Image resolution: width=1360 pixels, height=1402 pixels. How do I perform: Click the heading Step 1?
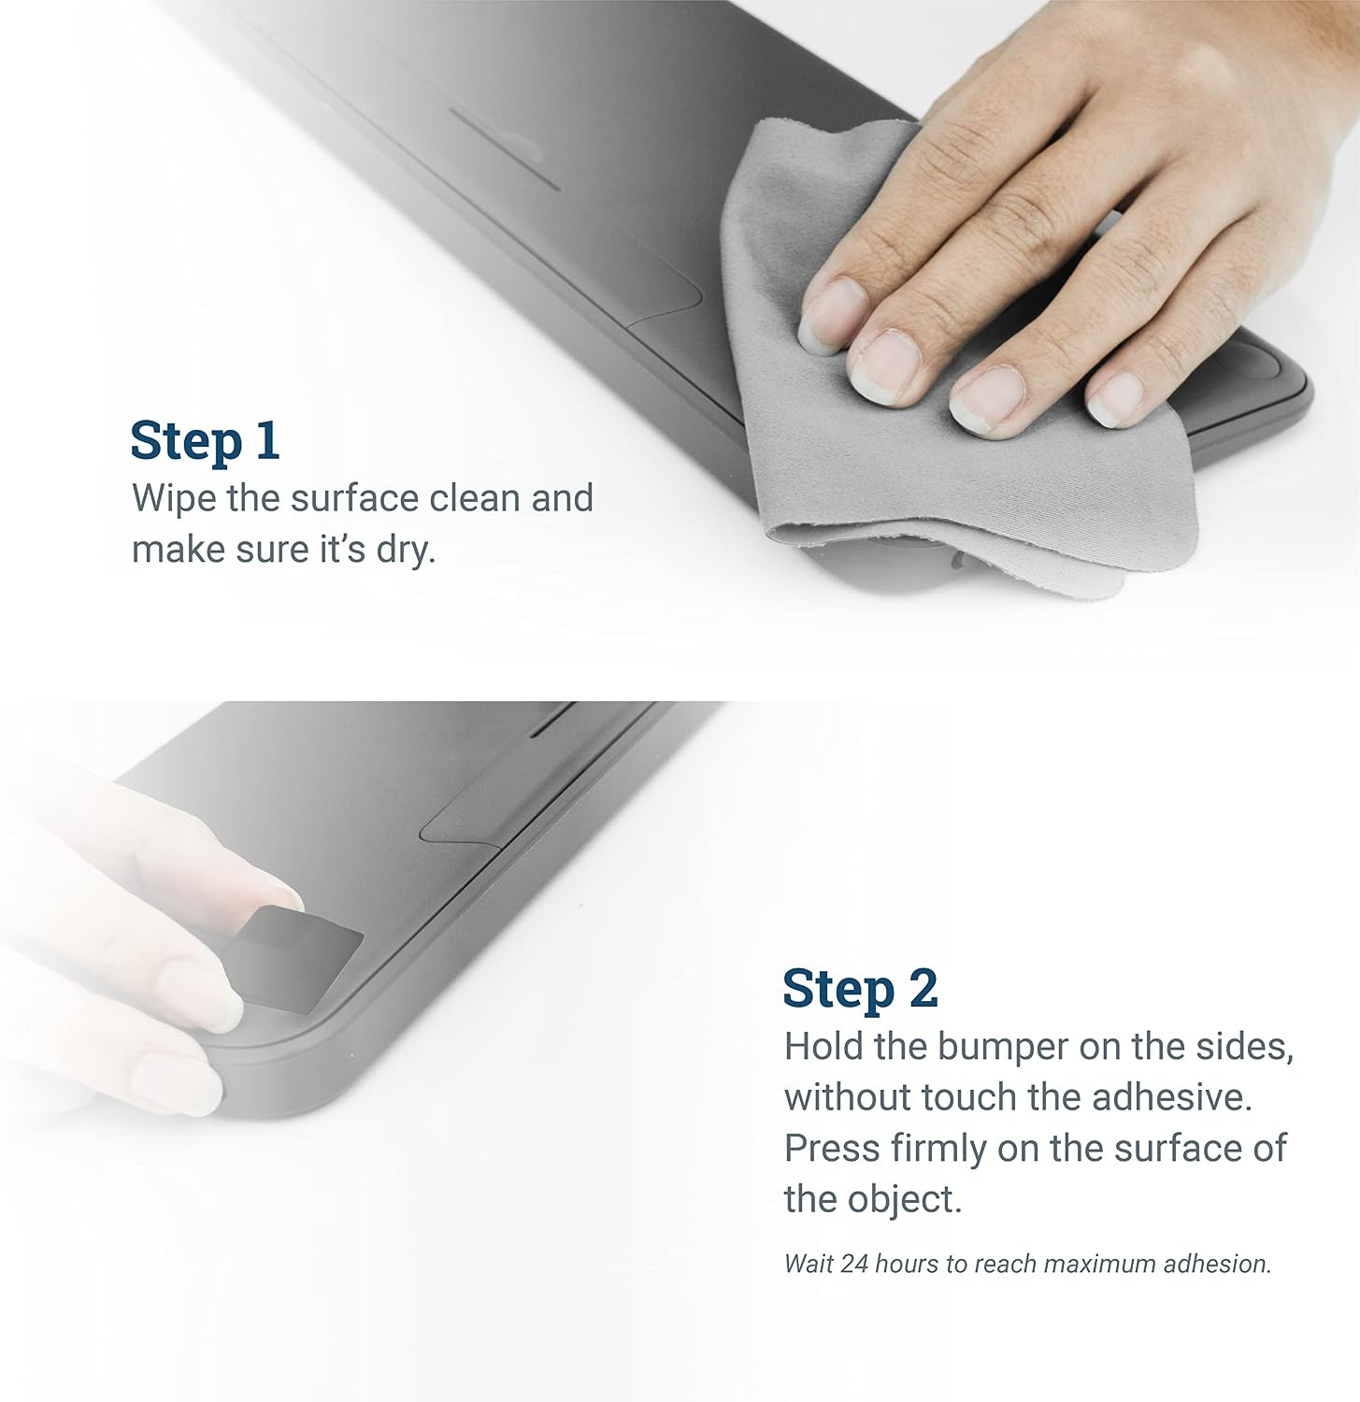(x=205, y=441)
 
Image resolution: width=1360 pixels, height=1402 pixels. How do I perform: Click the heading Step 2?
(x=860, y=989)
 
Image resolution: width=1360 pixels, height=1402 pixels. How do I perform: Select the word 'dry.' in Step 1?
(x=407, y=549)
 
